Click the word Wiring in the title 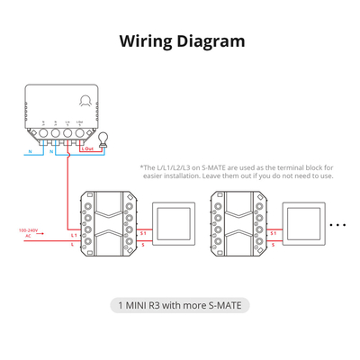[146, 40]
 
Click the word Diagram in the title [211, 40]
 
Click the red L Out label [90, 149]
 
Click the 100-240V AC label [29, 231]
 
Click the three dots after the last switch [339, 223]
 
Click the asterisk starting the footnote [141, 166]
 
